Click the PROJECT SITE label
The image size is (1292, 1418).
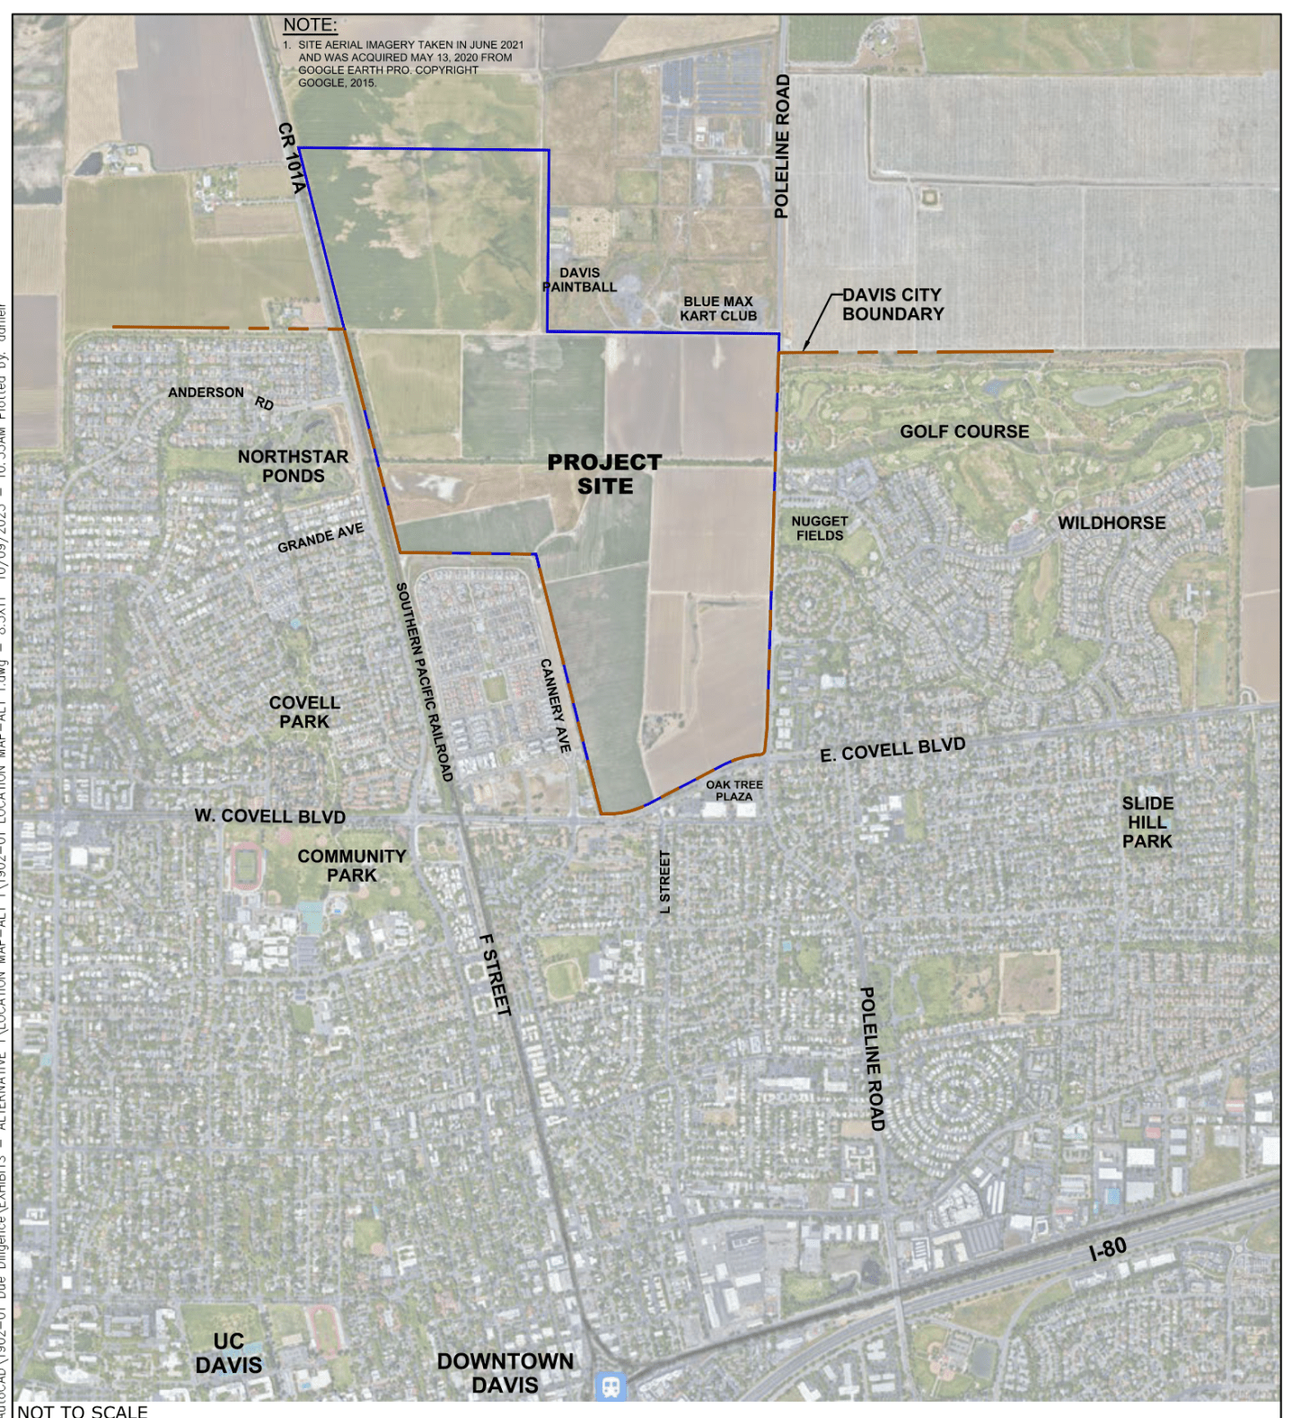[x=604, y=474]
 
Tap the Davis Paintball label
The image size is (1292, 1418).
[x=580, y=279]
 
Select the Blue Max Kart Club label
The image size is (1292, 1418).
[x=718, y=309]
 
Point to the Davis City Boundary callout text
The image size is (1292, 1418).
[x=892, y=304]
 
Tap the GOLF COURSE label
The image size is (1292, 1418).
[x=964, y=432]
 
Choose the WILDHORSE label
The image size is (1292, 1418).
[x=1112, y=523]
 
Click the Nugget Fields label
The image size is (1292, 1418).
[x=819, y=528]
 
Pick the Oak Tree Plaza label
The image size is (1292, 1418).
[x=734, y=790]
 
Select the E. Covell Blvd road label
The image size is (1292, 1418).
[x=892, y=750]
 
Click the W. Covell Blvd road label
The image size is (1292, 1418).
[x=270, y=816]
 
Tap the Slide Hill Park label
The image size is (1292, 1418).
[x=1147, y=822]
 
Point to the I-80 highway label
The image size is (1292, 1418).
[x=1107, y=1249]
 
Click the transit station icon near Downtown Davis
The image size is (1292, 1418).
[x=611, y=1386]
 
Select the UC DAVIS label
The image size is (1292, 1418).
[x=229, y=1353]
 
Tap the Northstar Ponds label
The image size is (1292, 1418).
[x=294, y=466]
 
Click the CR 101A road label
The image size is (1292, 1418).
[x=292, y=158]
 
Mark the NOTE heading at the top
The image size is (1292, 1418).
[x=310, y=25]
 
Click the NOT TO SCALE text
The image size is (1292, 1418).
[x=83, y=1411]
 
